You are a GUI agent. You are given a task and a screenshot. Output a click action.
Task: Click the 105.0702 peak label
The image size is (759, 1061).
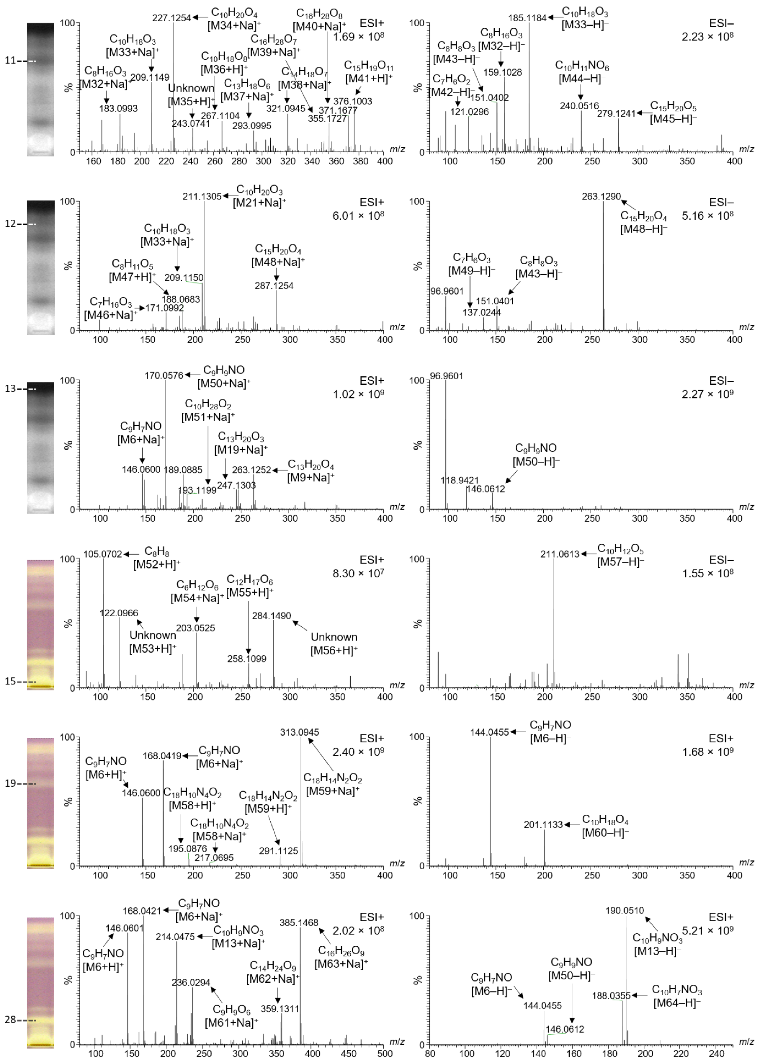[x=102, y=554]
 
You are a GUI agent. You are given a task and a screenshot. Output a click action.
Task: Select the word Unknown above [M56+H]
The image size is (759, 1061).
[x=334, y=637]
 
